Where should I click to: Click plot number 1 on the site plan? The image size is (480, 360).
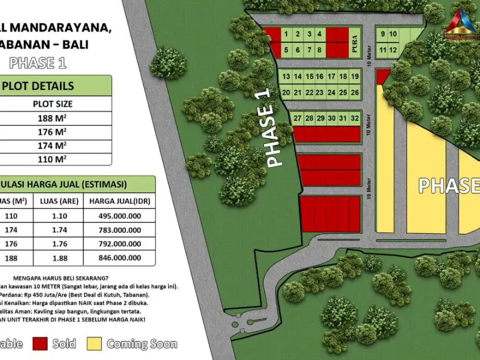click(x=286, y=34)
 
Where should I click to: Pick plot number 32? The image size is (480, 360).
click(x=355, y=118)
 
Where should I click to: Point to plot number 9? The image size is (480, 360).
click(x=383, y=34)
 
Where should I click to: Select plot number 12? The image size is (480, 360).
click(x=393, y=50)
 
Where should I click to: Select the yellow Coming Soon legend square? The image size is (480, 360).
click(x=95, y=344)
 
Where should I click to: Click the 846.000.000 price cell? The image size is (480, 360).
click(x=120, y=258)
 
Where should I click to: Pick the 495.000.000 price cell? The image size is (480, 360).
click(x=120, y=216)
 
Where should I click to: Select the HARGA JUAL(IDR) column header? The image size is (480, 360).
click(x=120, y=201)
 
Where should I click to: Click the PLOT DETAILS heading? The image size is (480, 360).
click(x=38, y=86)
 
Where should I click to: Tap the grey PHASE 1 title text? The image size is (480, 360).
click(x=38, y=63)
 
